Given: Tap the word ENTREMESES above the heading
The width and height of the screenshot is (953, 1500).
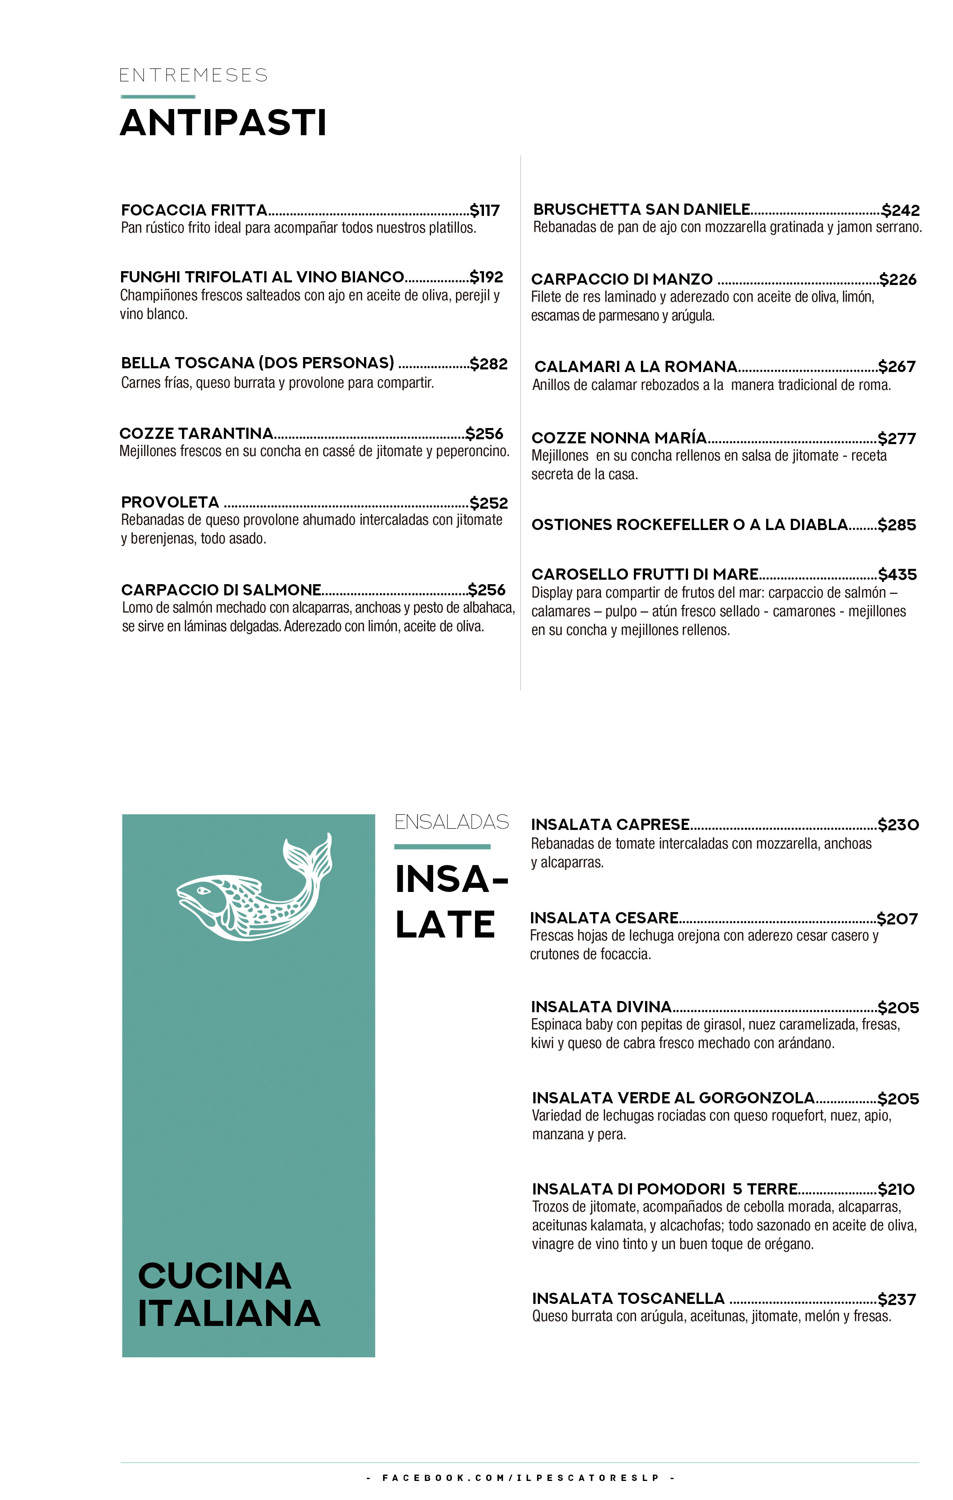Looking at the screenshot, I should pyautogui.click(x=193, y=75).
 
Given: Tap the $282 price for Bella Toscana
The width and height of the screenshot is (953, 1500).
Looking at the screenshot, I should pyautogui.click(x=489, y=364).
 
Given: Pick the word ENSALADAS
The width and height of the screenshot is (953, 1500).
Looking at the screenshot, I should pyautogui.click(x=452, y=822).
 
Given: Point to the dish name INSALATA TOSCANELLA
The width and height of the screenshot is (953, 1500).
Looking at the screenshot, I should pyautogui.click(x=628, y=1299).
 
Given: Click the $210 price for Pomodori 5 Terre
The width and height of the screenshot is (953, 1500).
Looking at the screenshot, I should pyautogui.click(x=896, y=1190).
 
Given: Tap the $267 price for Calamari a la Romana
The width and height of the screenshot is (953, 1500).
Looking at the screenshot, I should pyautogui.click(x=896, y=366).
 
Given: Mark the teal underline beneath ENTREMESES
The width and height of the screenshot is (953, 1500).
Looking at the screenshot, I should pyautogui.click(x=158, y=97).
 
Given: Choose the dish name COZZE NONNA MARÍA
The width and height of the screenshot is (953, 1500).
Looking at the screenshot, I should pyautogui.click(x=619, y=438).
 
